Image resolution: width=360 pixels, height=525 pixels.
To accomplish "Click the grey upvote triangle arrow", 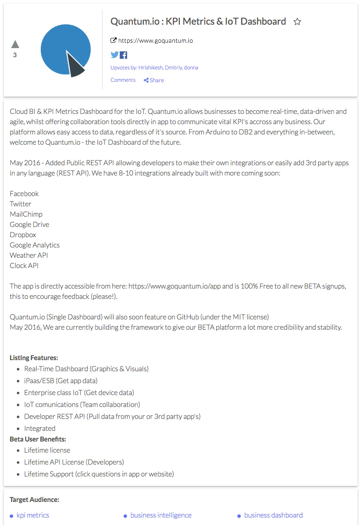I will coord(15,44).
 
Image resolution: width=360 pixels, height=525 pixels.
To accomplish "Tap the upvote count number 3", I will coord(15,55).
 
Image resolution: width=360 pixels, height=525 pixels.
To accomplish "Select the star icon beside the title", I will coord(297,22).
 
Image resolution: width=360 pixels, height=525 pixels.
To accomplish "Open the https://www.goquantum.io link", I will coord(156,41).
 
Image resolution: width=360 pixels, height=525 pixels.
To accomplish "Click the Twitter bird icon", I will coord(114,55).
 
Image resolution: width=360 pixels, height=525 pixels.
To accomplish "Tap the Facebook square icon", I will coord(123,55).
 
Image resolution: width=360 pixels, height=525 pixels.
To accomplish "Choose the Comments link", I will coord(123,80).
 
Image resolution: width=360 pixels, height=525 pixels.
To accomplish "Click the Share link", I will coord(154,80).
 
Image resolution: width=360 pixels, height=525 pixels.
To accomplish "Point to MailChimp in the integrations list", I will coord(26,214).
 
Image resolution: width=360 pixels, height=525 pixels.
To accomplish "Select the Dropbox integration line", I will coord(23,235).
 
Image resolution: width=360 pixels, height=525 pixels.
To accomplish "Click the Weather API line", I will coord(29,255).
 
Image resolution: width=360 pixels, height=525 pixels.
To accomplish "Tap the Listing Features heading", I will coord(34,358).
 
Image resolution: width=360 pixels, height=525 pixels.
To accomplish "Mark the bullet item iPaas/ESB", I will coord(61,381).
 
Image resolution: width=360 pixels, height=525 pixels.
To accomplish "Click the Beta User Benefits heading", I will coord(38,439).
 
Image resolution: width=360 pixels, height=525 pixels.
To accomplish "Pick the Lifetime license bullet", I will coord(47,450).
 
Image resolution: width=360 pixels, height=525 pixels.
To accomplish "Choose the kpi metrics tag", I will coord(33,515).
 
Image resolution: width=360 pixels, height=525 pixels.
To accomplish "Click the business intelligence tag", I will coord(161,515).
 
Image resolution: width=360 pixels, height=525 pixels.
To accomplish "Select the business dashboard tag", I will coord(273,515).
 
